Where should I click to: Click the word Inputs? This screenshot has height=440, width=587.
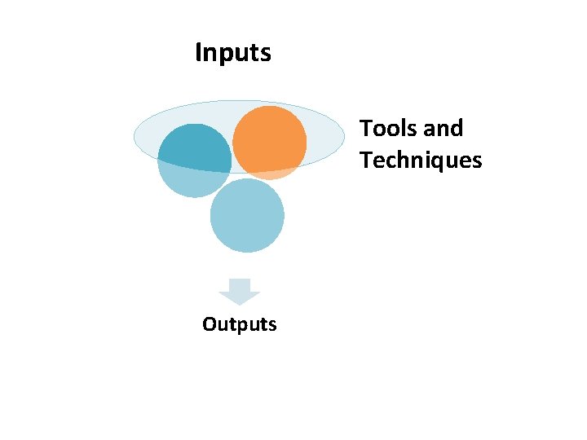[233, 54]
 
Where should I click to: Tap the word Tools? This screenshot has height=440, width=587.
[388, 129]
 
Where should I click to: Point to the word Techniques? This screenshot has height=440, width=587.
[421, 161]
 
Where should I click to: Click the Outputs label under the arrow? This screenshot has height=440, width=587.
[240, 324]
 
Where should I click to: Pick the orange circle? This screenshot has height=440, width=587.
[269, 140]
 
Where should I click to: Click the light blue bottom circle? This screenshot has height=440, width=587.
[247, 216]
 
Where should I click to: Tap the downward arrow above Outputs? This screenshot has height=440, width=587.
[240, 292]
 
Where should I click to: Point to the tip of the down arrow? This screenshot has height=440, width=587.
[240, 304]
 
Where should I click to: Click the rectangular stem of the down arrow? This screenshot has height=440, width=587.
[240, 284]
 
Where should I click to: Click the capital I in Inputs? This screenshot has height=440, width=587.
[198, 54]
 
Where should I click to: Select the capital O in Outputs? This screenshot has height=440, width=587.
[210, 324]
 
